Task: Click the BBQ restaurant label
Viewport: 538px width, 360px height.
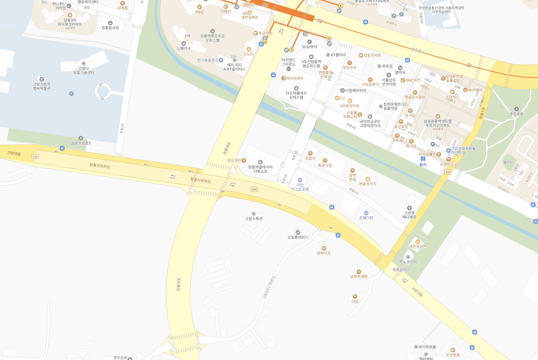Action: (x=200, y=11)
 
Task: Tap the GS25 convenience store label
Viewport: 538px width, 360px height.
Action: (x=248, y=54)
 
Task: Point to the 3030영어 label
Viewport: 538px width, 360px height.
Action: (x=309, y=46)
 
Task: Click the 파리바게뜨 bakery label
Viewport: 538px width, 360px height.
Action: (x=295, y=79)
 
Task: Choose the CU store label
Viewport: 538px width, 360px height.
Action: (x=342, y=98)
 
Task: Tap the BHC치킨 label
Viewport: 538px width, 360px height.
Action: (x=413, y=80)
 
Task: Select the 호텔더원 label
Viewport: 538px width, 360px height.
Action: (x=366, y=217)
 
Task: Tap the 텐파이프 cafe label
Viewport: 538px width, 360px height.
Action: (x=323, y=252)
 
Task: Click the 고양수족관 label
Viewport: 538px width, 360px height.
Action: (x=253, y=218)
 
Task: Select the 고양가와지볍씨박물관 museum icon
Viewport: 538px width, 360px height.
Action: (x=42, y=79)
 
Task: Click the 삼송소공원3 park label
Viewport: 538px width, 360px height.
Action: (x=81, y=143)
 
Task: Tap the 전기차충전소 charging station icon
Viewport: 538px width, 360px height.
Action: (x=221, y=60)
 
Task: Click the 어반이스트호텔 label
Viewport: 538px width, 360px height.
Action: (x=300, y=189)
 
